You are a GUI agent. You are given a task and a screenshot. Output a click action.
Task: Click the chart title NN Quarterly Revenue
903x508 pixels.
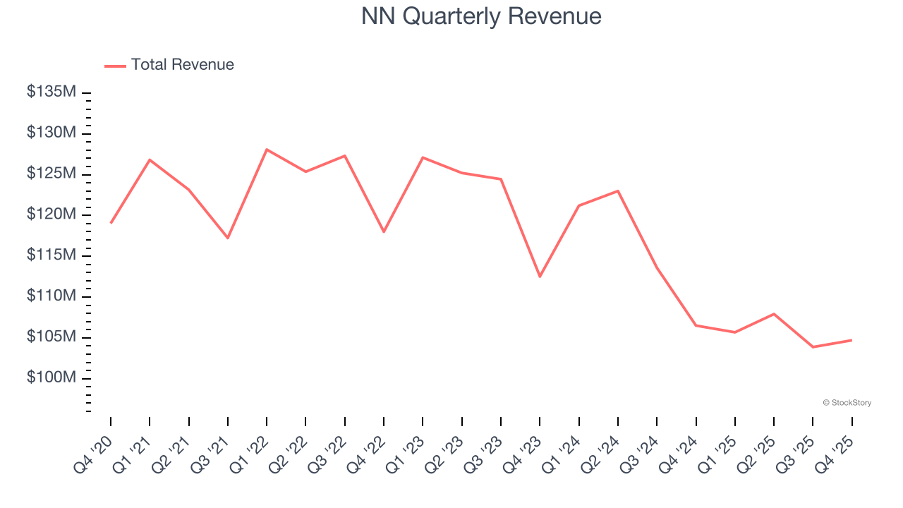(x=481, y=16)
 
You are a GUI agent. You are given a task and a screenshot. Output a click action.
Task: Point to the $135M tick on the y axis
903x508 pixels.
(x=51, y=92)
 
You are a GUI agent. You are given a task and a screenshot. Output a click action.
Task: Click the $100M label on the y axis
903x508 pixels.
(x=51, y=378)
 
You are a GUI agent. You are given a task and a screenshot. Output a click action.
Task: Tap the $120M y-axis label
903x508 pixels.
(x=51, y=214)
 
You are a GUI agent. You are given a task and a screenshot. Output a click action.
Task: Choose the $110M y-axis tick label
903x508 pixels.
(x=51, y=296)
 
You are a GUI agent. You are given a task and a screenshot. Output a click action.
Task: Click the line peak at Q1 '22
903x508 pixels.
(x=267, y=150)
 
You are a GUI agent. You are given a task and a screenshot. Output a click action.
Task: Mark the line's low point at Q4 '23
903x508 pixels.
(x=540, y=276)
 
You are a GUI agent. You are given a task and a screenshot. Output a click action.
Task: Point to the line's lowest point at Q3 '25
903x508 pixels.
(x=813, y=347)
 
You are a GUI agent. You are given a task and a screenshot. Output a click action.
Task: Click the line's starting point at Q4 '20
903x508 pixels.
(x=111, y=223)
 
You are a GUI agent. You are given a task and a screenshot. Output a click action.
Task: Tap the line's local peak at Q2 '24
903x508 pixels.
(x=618, y=190)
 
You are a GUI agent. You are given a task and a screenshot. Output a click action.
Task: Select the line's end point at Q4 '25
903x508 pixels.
(x=852, y=340)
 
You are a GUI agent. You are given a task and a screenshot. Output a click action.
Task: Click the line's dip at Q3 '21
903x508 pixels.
(x=228, y=238)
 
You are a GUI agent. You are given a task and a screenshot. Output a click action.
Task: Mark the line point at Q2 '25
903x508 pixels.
(x=774, y=314)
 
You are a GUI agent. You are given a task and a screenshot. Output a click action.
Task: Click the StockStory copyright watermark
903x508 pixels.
(x=847, y=403)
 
